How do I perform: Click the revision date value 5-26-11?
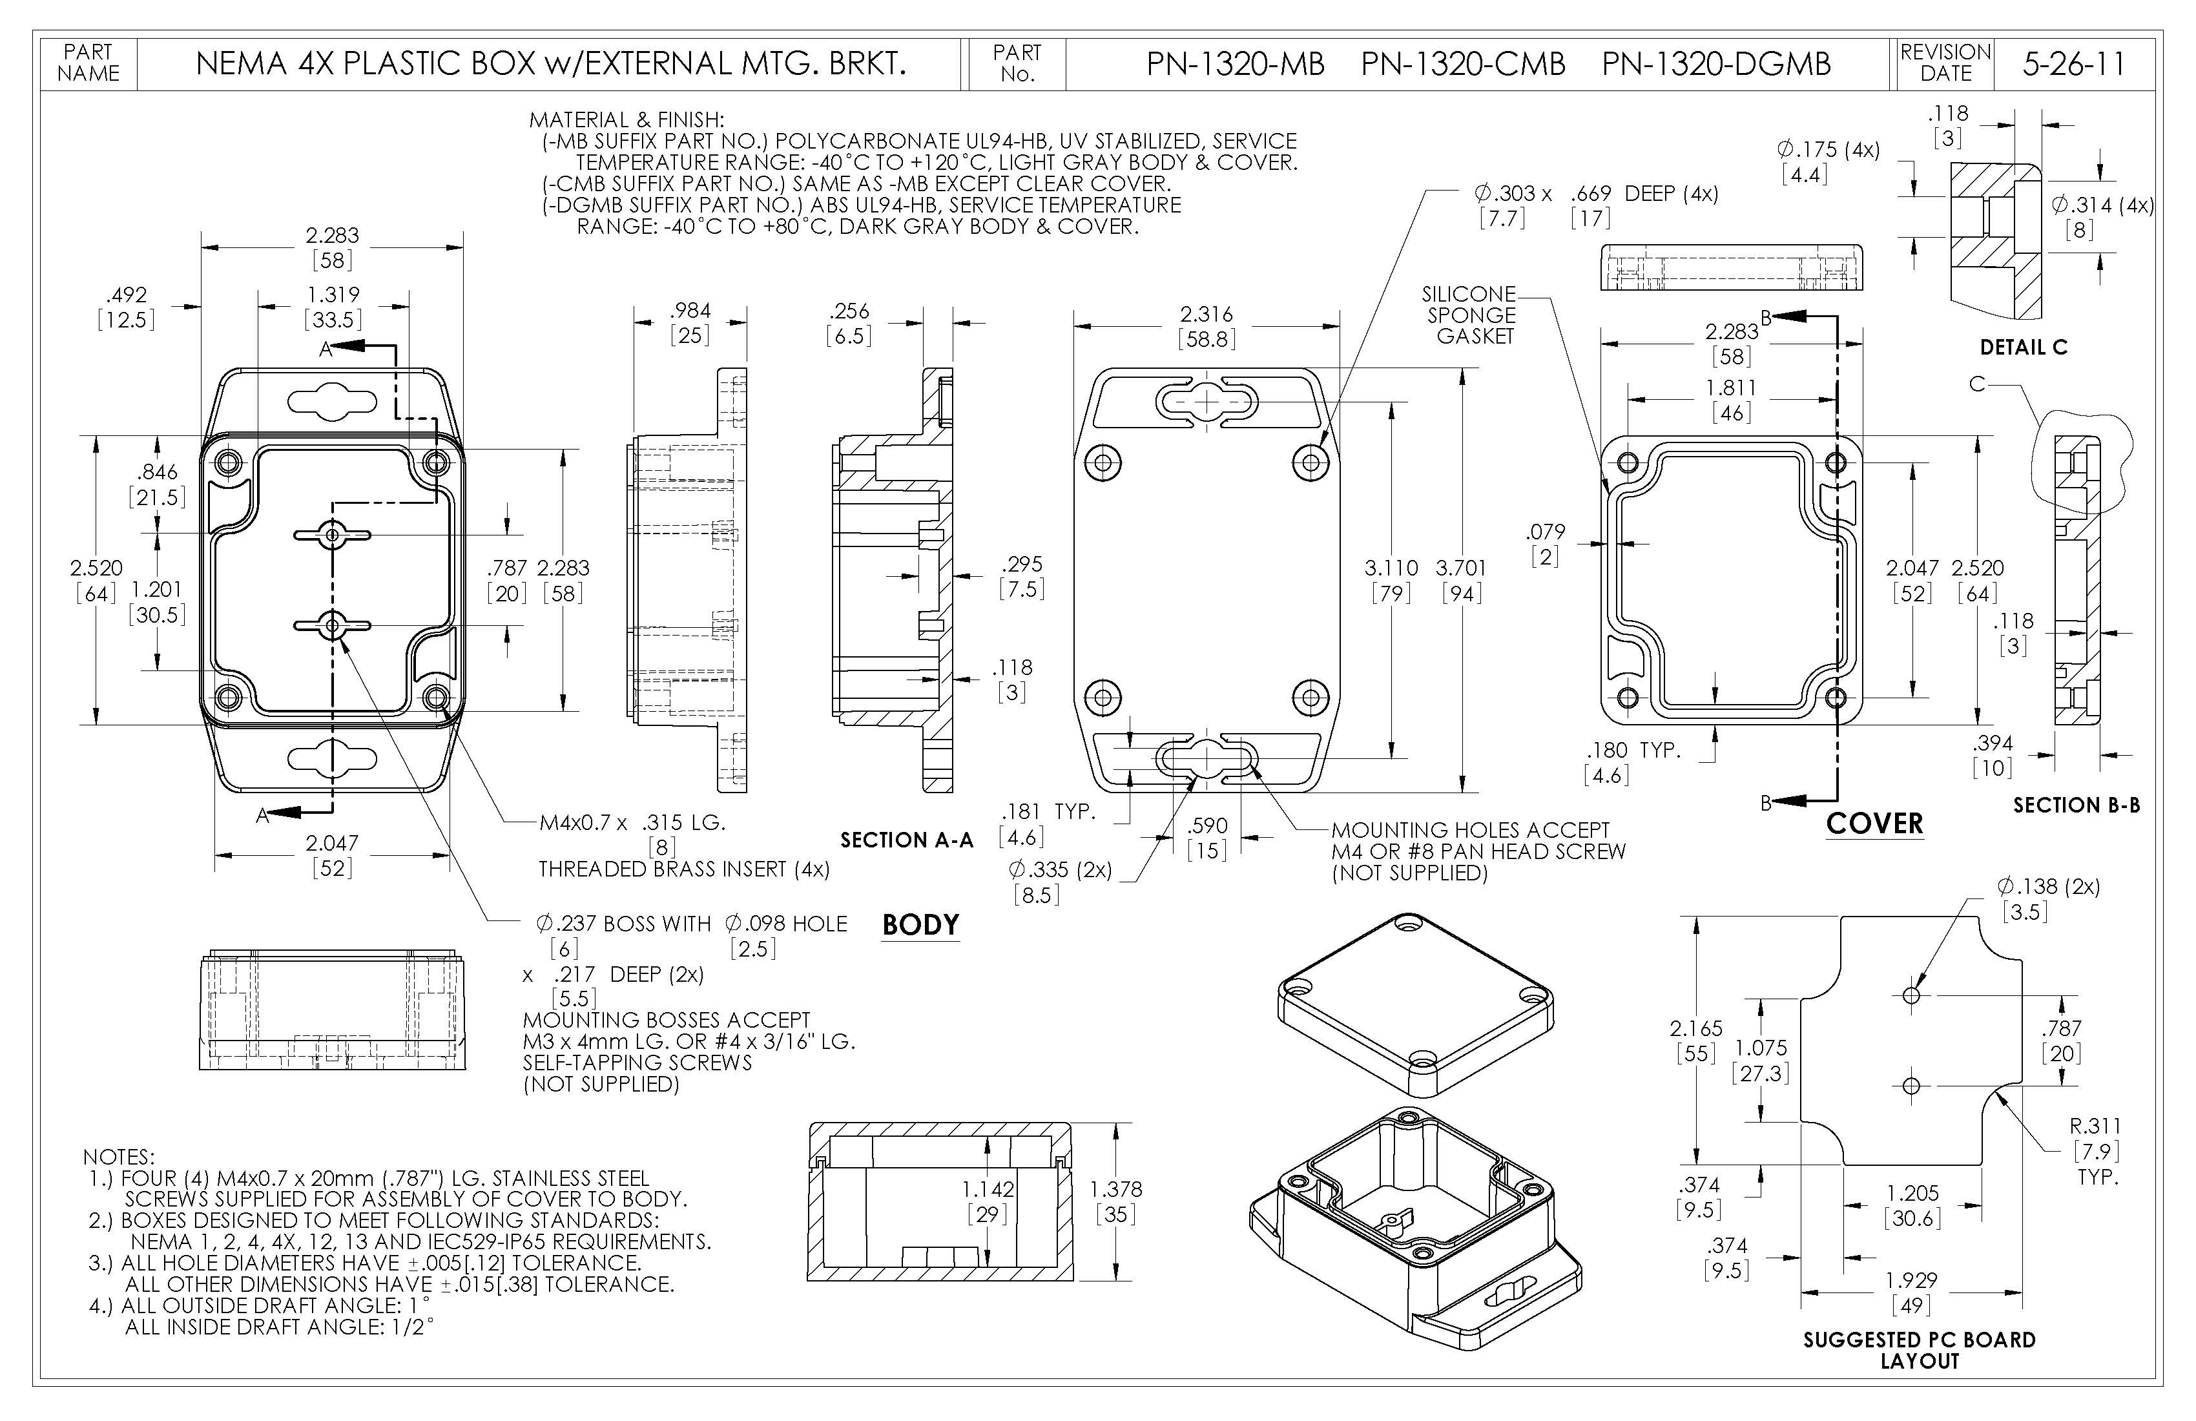coord(2073,64)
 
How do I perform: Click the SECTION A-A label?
coord(906,840)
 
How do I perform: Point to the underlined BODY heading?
coord(920,924)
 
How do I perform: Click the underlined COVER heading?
coord(1874,823)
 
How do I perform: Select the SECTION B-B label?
coord(2076,805)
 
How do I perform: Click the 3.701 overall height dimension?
coord(1460,568)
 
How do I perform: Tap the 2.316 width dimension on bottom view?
coord(1206,315)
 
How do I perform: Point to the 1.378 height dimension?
coord(1115,1189)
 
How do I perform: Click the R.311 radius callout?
coord(2095,1126)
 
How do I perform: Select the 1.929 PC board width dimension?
coord(1911,1281)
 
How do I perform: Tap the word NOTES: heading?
coord(119,1157)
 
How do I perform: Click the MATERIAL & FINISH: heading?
coord(627,120)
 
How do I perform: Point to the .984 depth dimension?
coord(690,311)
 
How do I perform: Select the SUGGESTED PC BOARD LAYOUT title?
coord(1919,1350)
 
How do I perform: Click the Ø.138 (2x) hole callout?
coord(2047,887)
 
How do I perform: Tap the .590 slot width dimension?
coord(1207,826)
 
